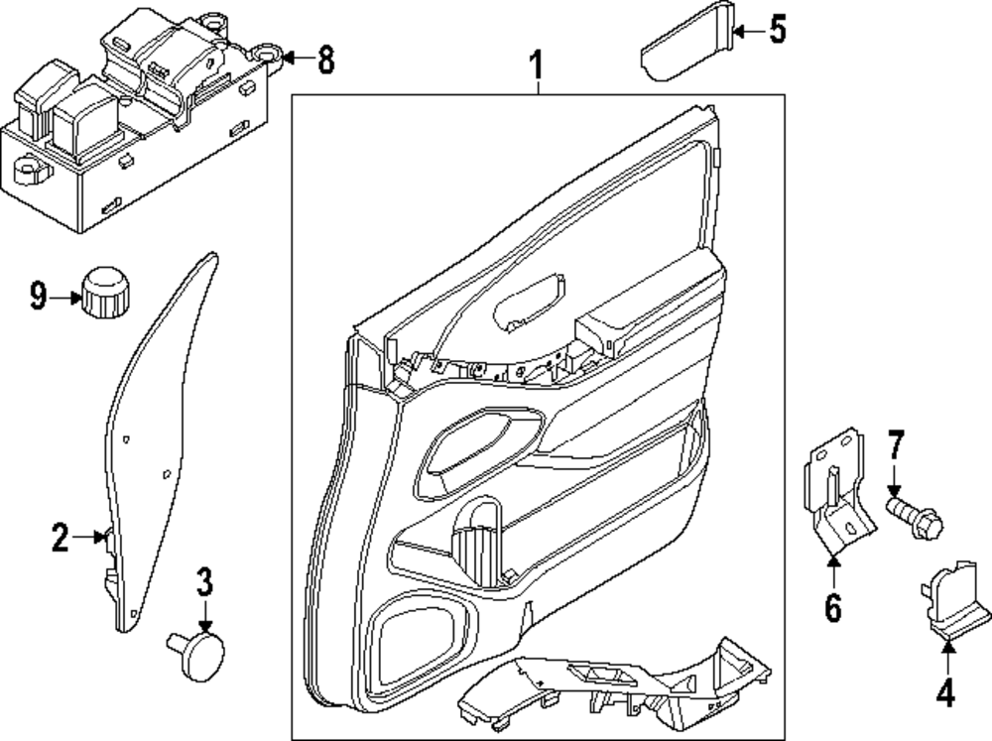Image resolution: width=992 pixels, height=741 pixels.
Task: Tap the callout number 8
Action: [323, 62]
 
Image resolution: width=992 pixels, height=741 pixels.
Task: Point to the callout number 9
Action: [39, 296]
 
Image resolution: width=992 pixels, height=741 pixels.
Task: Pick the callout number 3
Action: [203, 583]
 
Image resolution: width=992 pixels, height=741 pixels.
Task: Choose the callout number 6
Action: [832, 604]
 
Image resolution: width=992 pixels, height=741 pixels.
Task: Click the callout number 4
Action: [945, 692]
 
